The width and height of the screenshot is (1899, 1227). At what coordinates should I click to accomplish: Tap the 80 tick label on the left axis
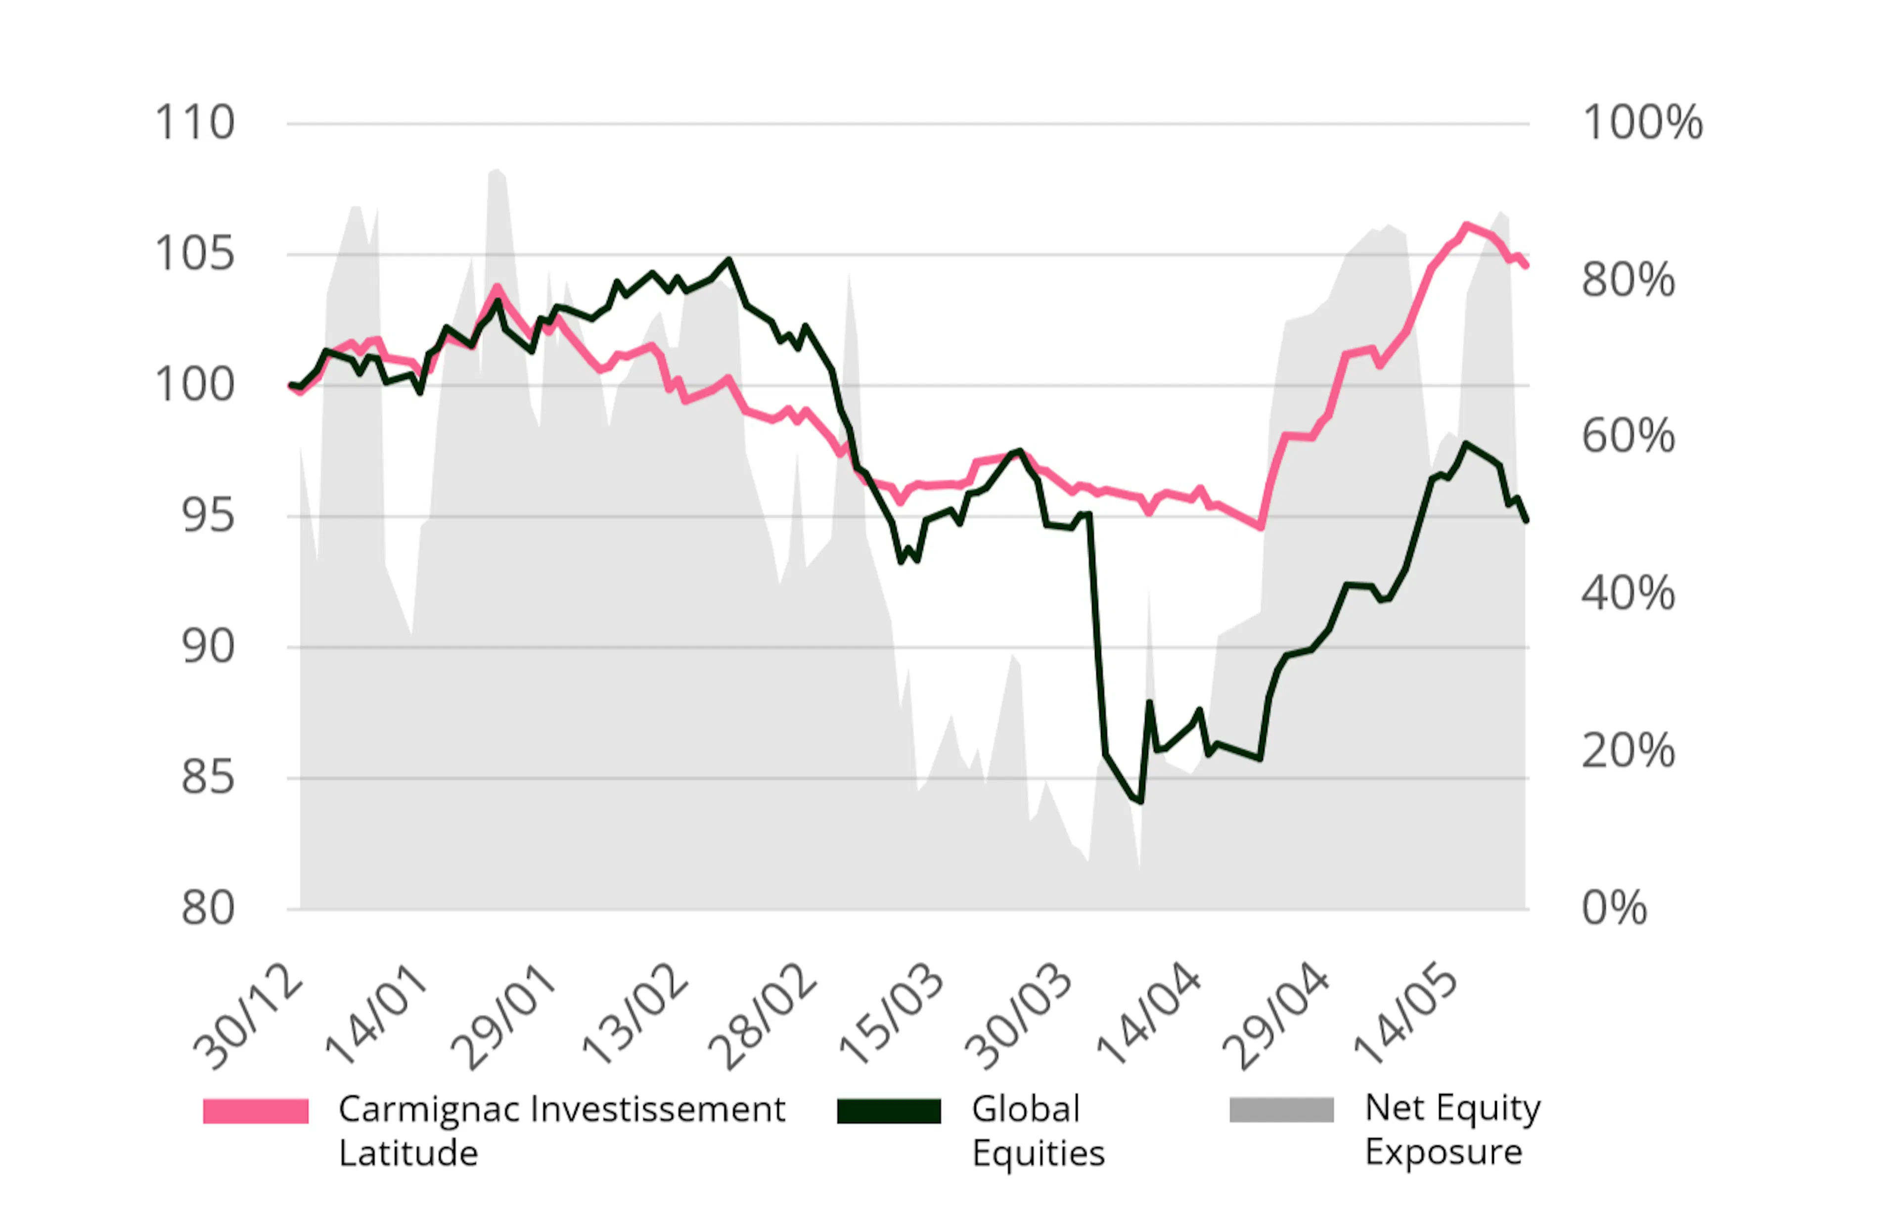[208, 909]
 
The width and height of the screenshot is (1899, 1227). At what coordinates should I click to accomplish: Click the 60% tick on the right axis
[1628, 437]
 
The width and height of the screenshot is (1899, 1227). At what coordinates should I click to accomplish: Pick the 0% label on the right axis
[1614, 909]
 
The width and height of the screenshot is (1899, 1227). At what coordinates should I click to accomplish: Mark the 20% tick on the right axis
[1628, 751]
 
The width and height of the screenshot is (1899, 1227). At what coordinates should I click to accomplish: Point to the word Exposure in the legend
[1444, 1152]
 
